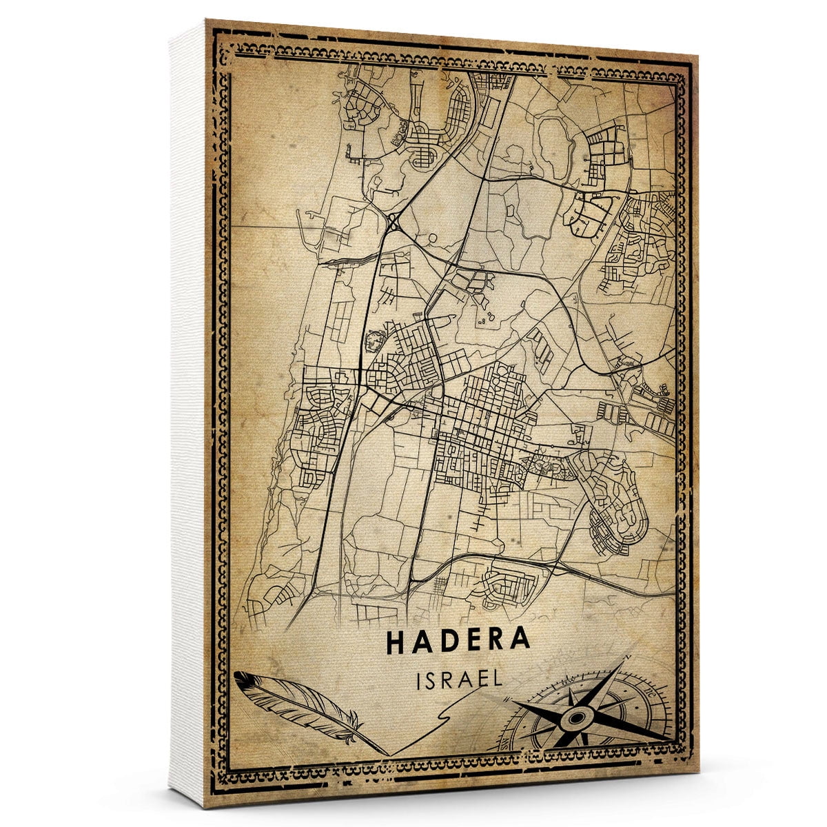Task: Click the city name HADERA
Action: pos(458,640)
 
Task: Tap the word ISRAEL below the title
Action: pos(458,679)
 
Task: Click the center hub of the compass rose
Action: pos(578,718)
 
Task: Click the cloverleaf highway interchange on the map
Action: pos(394,223)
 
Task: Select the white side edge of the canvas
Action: pos(186,413)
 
